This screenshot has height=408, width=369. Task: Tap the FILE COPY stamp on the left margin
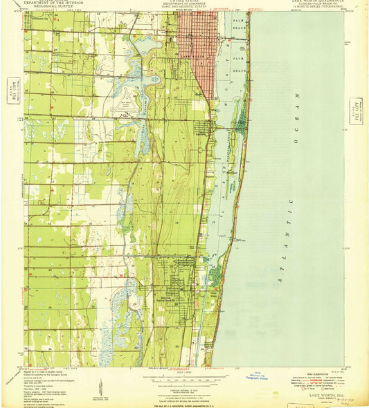10,90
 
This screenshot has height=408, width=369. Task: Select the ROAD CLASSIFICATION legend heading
322,371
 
